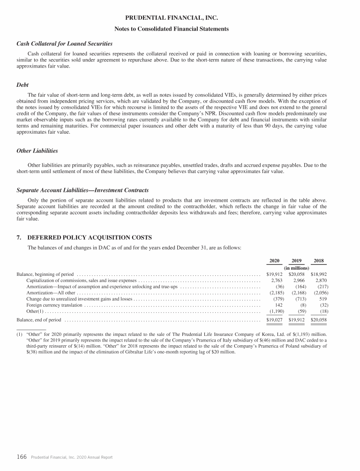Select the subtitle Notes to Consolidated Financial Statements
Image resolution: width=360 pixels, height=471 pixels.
coord(172,29)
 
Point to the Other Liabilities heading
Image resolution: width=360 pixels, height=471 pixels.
coord(37,151)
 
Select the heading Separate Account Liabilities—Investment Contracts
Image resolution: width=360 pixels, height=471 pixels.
coord(82,190)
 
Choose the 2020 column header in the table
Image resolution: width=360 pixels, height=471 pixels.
coord(275,261)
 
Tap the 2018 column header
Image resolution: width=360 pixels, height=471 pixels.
coord(319,261)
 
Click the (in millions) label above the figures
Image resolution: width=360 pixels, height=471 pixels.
coord(297,268)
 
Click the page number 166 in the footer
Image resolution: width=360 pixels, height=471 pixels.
coord(22,456)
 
